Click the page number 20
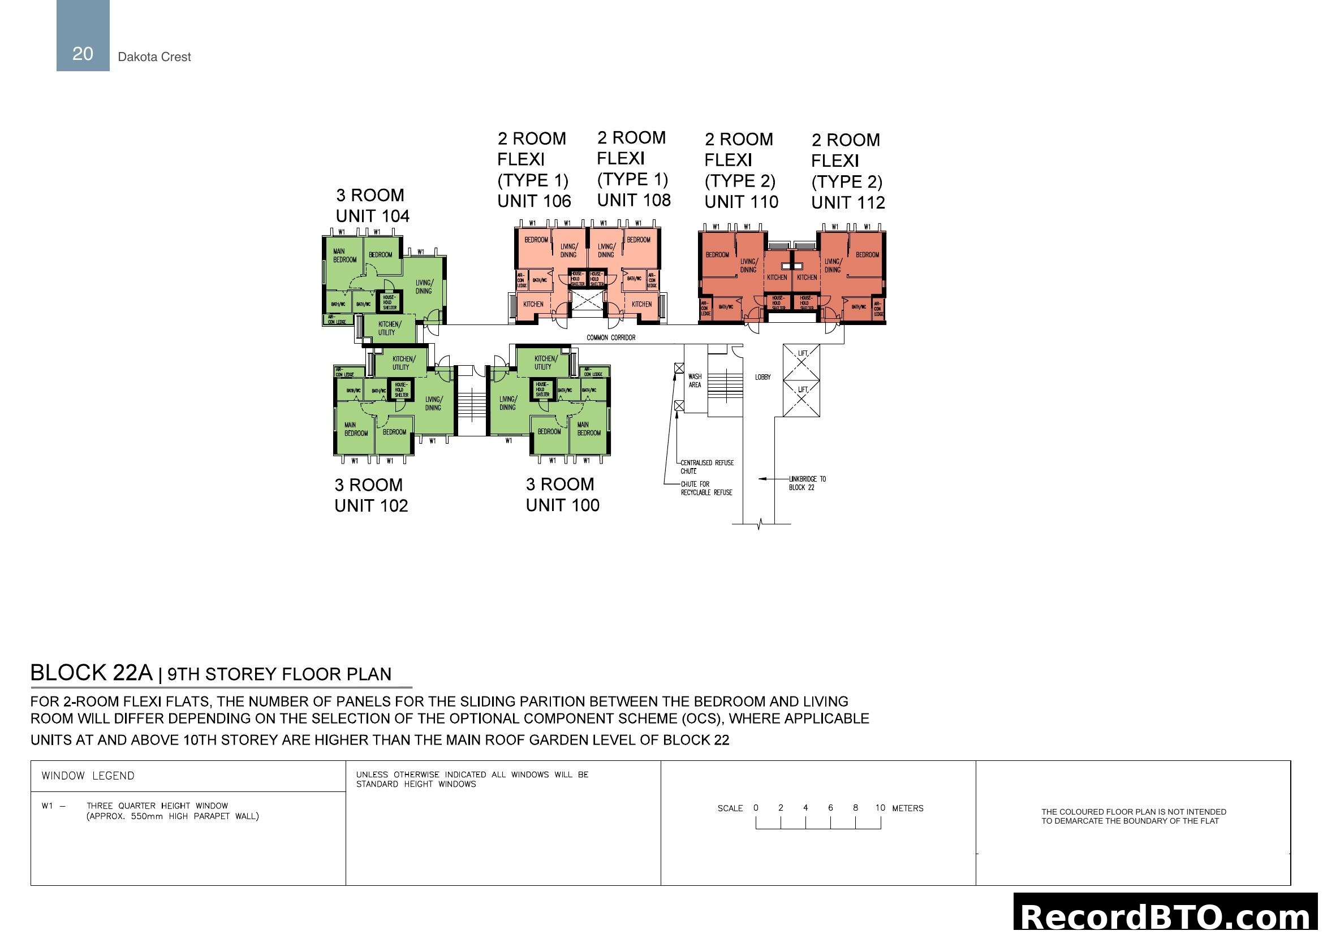83,54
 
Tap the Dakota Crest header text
154,57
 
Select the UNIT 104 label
372,216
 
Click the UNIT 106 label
533,201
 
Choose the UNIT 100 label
562,505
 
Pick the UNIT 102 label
371,505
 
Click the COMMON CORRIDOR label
611,337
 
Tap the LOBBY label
762,377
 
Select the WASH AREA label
695,380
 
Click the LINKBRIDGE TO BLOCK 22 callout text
807,483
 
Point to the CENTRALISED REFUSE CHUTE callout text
706,466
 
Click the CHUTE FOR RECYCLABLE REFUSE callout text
706,488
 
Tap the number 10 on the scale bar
880,808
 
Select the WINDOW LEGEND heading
88,776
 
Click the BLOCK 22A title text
91,673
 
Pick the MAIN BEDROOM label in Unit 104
344,256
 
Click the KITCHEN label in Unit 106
533,304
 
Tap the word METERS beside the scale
907,808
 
